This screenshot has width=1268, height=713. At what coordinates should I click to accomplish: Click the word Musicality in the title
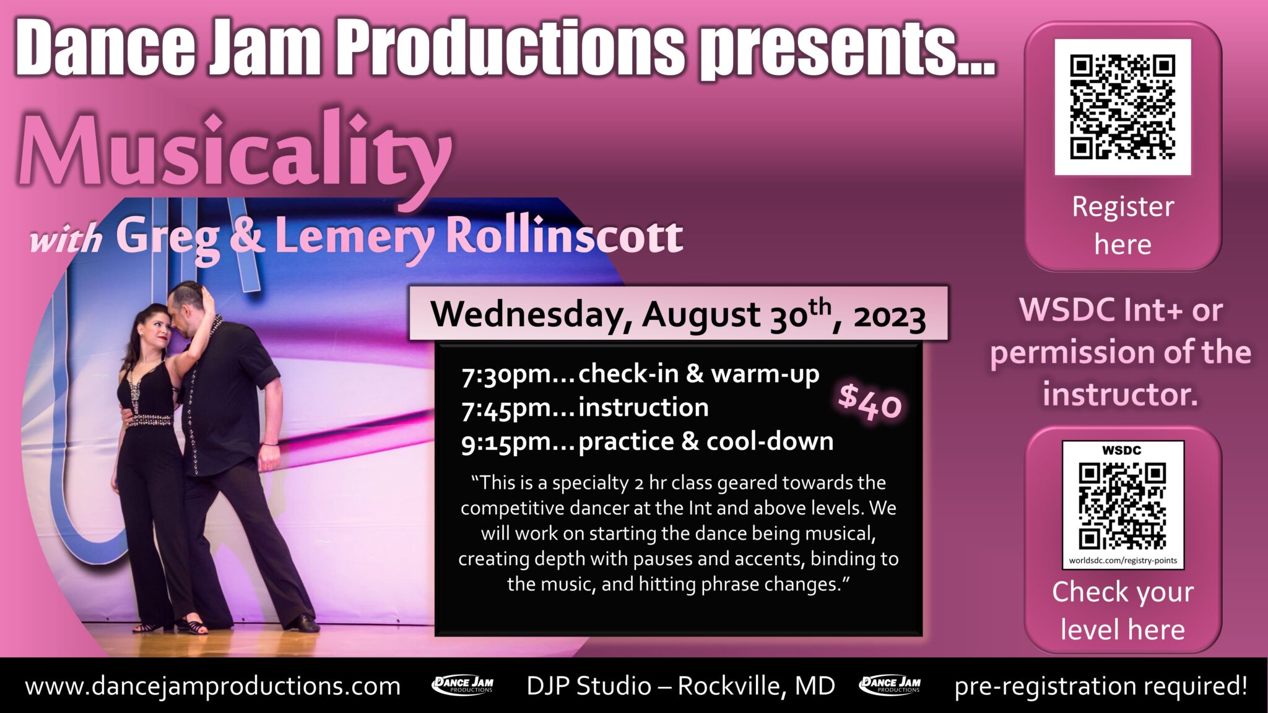[235, 152]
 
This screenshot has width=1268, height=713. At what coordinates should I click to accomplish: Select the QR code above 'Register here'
[1123, 106]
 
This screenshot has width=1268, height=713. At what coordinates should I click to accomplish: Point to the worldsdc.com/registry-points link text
[1123, 561]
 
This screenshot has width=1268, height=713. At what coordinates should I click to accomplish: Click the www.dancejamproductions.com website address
[212, 686]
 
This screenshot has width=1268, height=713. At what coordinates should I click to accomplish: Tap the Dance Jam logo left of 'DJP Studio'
[462, 685]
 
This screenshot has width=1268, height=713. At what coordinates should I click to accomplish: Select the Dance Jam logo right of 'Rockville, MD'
[890, 685]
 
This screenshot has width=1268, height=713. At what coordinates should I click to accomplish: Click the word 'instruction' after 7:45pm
[643, 408]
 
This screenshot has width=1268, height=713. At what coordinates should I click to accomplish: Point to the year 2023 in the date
[889, 317]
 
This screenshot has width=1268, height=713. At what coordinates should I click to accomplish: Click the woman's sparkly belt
[150, 420]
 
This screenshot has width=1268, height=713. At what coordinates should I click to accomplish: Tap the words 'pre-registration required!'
[1100, 686]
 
